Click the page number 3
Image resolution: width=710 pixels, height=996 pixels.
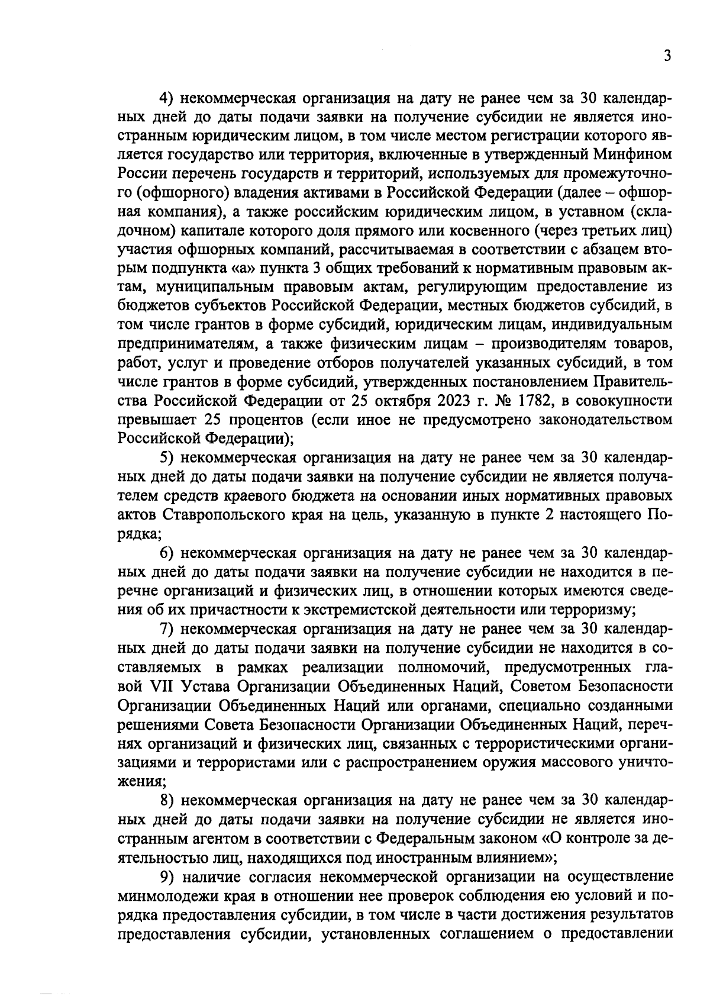667,57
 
